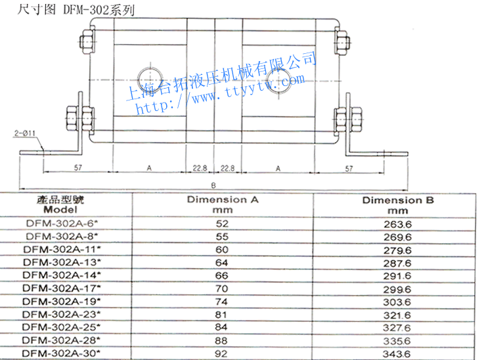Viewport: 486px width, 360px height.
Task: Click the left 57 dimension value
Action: [77, 169]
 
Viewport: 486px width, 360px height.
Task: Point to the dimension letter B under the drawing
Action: [214, 185]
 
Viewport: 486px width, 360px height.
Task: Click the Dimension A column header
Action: [218, 204]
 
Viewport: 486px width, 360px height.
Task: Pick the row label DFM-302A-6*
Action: [62, 223]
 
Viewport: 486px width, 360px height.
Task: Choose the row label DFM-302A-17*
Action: [62, 288]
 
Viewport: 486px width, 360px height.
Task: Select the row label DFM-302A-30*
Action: [62, 353]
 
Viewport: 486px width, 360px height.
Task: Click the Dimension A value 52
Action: [217, 223]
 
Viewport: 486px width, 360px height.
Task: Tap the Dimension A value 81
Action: [217, 314]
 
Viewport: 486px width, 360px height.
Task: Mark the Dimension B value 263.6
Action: [398, 224]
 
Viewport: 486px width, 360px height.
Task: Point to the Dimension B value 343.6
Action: [398, 353]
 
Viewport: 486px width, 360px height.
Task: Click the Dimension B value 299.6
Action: [398, 288]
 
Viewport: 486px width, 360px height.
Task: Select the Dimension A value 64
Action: [217, 262]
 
